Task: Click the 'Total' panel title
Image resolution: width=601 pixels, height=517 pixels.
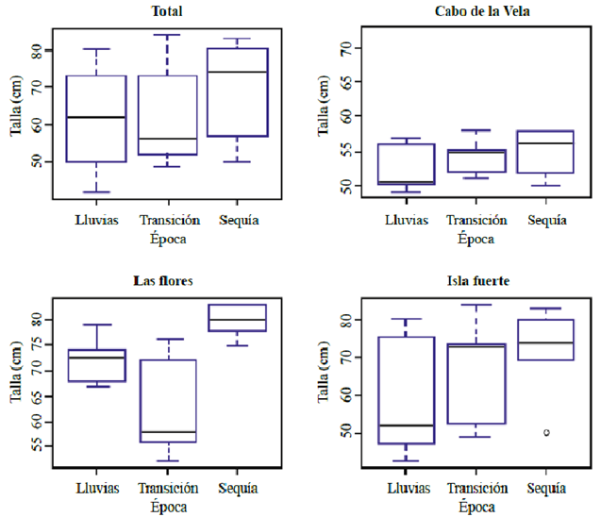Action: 167,11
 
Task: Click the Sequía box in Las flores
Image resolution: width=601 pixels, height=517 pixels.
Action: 237,318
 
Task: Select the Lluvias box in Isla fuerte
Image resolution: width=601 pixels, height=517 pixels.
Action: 407,391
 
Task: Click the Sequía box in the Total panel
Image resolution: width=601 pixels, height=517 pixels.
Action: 237,92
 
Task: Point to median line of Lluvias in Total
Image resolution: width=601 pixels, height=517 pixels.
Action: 96,117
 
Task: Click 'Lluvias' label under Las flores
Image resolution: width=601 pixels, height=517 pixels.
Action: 96,488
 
